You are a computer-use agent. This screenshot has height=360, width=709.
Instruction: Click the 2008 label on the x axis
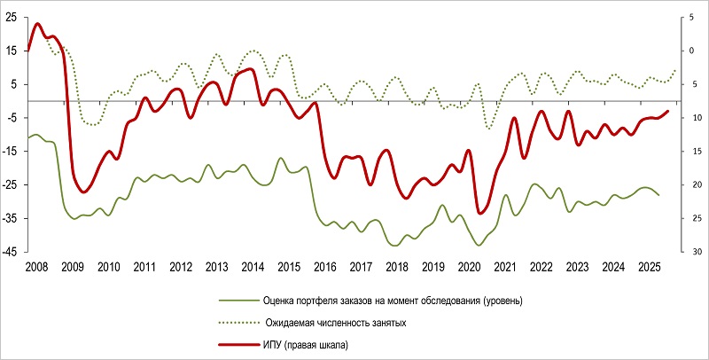(37, 267)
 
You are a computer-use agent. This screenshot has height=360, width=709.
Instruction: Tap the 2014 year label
(253, 267)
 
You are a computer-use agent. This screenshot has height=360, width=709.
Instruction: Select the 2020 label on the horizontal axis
(469, 267)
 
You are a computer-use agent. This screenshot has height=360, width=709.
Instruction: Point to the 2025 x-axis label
(649, 267)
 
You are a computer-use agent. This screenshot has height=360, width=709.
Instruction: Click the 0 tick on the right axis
(693, 51)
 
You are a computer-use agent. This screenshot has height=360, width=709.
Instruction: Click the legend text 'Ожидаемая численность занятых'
(335, 324)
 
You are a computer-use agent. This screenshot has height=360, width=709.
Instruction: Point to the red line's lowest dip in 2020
(480, 213)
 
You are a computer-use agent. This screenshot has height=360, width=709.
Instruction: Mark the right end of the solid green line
(658, 194)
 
